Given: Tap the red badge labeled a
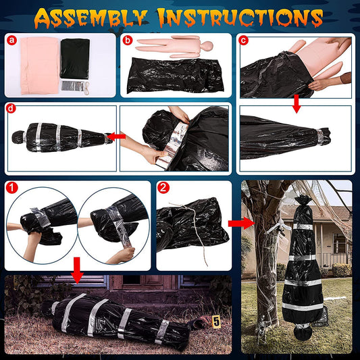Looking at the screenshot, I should coord(11,40).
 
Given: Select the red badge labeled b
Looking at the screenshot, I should coord(127,40).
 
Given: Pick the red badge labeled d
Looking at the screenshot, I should coord(11,109).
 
